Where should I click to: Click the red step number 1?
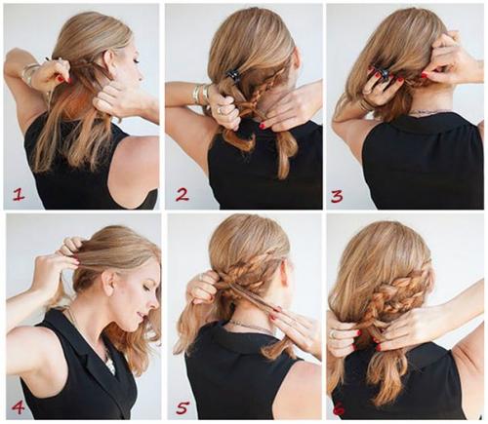tap(19, 195)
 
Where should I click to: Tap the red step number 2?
tap(183, 195)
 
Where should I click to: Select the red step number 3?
tap(337, 196)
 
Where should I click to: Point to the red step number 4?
tap(18, 407)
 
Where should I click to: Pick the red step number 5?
tap(183, 407)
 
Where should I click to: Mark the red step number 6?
tap(339, 408)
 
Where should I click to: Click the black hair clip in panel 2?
tap(232, 75)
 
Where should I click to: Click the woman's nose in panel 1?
tap(142, 77)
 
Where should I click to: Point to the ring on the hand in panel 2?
tap(220, 110)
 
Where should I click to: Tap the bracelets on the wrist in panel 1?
tap(30, 72)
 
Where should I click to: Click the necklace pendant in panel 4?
tap(110, 364)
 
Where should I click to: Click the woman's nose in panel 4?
tap(155, 304)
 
